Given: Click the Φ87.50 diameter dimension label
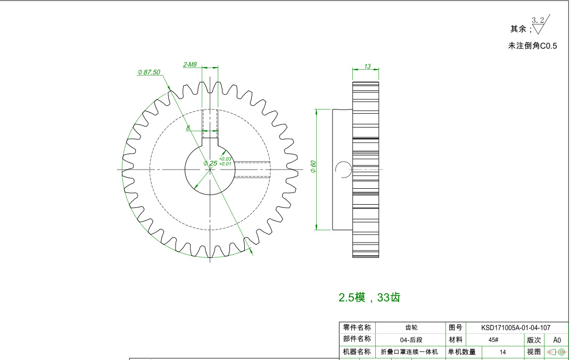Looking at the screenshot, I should [148, 72].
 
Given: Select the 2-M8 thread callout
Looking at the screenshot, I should [190, 64].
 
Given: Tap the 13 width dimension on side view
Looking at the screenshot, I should [367, 66].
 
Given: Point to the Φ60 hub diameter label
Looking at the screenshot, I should [313, 167].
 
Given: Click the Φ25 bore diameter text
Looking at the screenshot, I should [210, 163].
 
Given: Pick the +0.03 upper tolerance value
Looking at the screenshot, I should [225, 158].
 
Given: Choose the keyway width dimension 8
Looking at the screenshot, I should [188, 128].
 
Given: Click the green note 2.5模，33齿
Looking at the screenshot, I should [369, 298].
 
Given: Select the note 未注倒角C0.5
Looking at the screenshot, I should [532, 46].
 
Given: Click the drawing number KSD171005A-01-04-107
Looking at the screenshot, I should [515, 328].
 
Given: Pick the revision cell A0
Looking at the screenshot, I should [557, 340].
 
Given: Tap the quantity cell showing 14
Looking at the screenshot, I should [502, 351].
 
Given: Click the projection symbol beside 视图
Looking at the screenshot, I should [557, 351].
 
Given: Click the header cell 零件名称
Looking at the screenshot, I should [357, 328].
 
